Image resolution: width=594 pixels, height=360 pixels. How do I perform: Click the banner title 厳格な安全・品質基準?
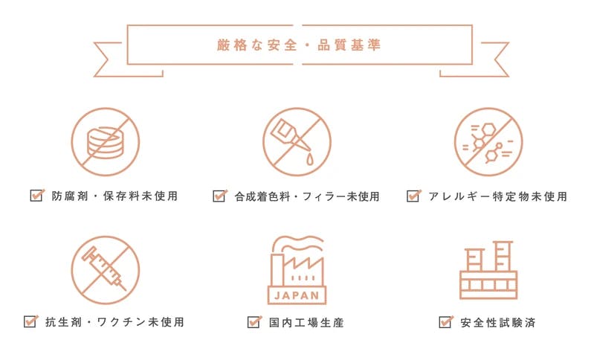click(x=299, y=45)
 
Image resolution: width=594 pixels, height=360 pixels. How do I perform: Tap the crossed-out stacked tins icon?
click(x=106, y=142)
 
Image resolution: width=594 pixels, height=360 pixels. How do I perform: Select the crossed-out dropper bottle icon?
click(x=297, y=142)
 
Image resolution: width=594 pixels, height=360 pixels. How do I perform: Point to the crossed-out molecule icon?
click(x=488, y=142)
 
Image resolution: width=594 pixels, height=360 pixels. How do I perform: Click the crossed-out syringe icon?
click(x=106, y=270)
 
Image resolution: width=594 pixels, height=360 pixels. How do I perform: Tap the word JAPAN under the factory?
click(x=297, y=295)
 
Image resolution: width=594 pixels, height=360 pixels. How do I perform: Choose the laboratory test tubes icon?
click(x=488, y=270)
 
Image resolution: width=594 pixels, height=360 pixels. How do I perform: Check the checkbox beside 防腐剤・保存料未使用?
click(x=36, y=196)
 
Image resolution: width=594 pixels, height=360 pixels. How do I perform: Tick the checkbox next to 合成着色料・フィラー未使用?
click(x=219, y=196)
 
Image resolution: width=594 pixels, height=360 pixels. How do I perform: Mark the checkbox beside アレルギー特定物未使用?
click(x=413, y=196)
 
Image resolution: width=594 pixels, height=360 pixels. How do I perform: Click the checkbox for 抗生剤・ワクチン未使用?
click(x=30, y=322)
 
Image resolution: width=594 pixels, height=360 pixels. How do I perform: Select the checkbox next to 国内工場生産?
click(x=254, y=322)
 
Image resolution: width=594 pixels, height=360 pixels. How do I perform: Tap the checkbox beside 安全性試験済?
click(x=445, y=322)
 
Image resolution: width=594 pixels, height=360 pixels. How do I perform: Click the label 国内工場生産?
click(x=306, y=323)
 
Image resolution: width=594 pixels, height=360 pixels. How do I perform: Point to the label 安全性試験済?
click(x=498, y=323)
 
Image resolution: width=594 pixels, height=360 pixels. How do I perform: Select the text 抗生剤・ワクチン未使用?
click(x=114, y=322)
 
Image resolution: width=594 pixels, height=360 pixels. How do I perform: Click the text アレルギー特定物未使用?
click(x=498, y=196)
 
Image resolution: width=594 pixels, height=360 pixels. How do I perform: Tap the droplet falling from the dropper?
click(x=310, y=159)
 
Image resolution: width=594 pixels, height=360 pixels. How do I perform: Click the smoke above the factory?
click(x=300, y=242)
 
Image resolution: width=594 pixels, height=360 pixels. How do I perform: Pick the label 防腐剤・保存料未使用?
click(x=114, y=196)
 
